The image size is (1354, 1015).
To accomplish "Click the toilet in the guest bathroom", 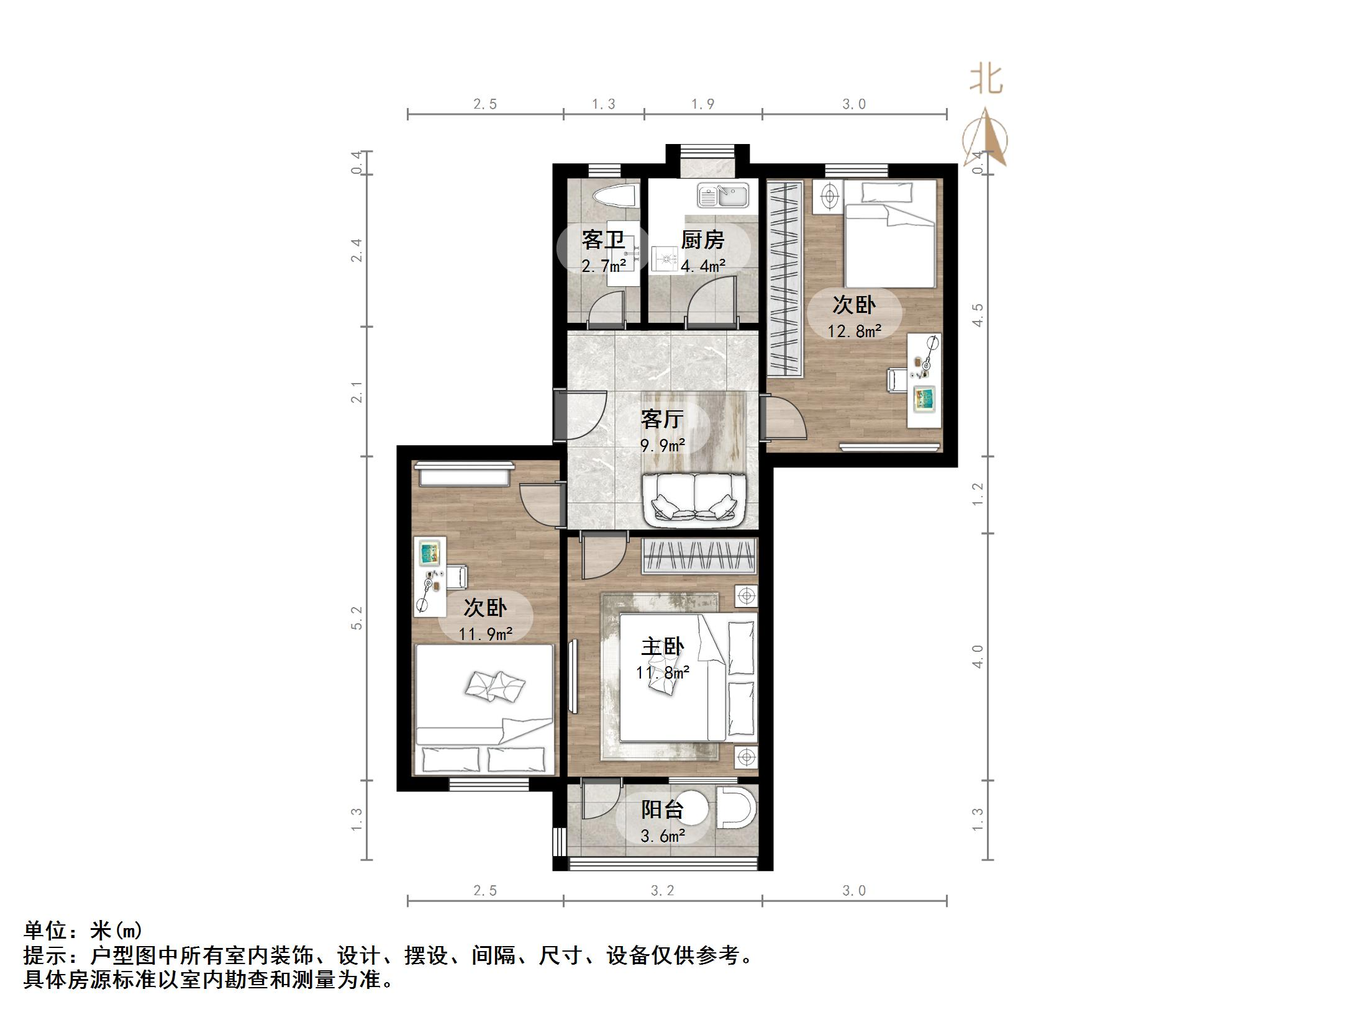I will [616, 196].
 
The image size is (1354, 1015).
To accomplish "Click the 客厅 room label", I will [662, 420].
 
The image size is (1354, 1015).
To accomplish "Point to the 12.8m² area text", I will [854, 332].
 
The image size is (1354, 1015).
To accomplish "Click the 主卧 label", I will [662, 647].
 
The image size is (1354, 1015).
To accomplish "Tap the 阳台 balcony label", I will [662, 810].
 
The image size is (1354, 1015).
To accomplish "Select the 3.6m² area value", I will [662, 836].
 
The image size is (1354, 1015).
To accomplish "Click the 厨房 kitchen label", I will [702, 240].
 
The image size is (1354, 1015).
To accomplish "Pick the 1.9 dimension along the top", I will [703, 104].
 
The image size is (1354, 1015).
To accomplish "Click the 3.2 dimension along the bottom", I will [662, 891].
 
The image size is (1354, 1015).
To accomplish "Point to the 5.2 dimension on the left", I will [357, 618].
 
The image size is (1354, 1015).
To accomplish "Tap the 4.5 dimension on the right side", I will [978, 315].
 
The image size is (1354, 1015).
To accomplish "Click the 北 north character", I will [986, 80].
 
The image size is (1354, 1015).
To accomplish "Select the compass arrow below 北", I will [986, 138].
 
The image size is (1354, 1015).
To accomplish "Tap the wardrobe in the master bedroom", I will [699, 556].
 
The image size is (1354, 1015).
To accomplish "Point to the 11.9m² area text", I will [485, 634].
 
